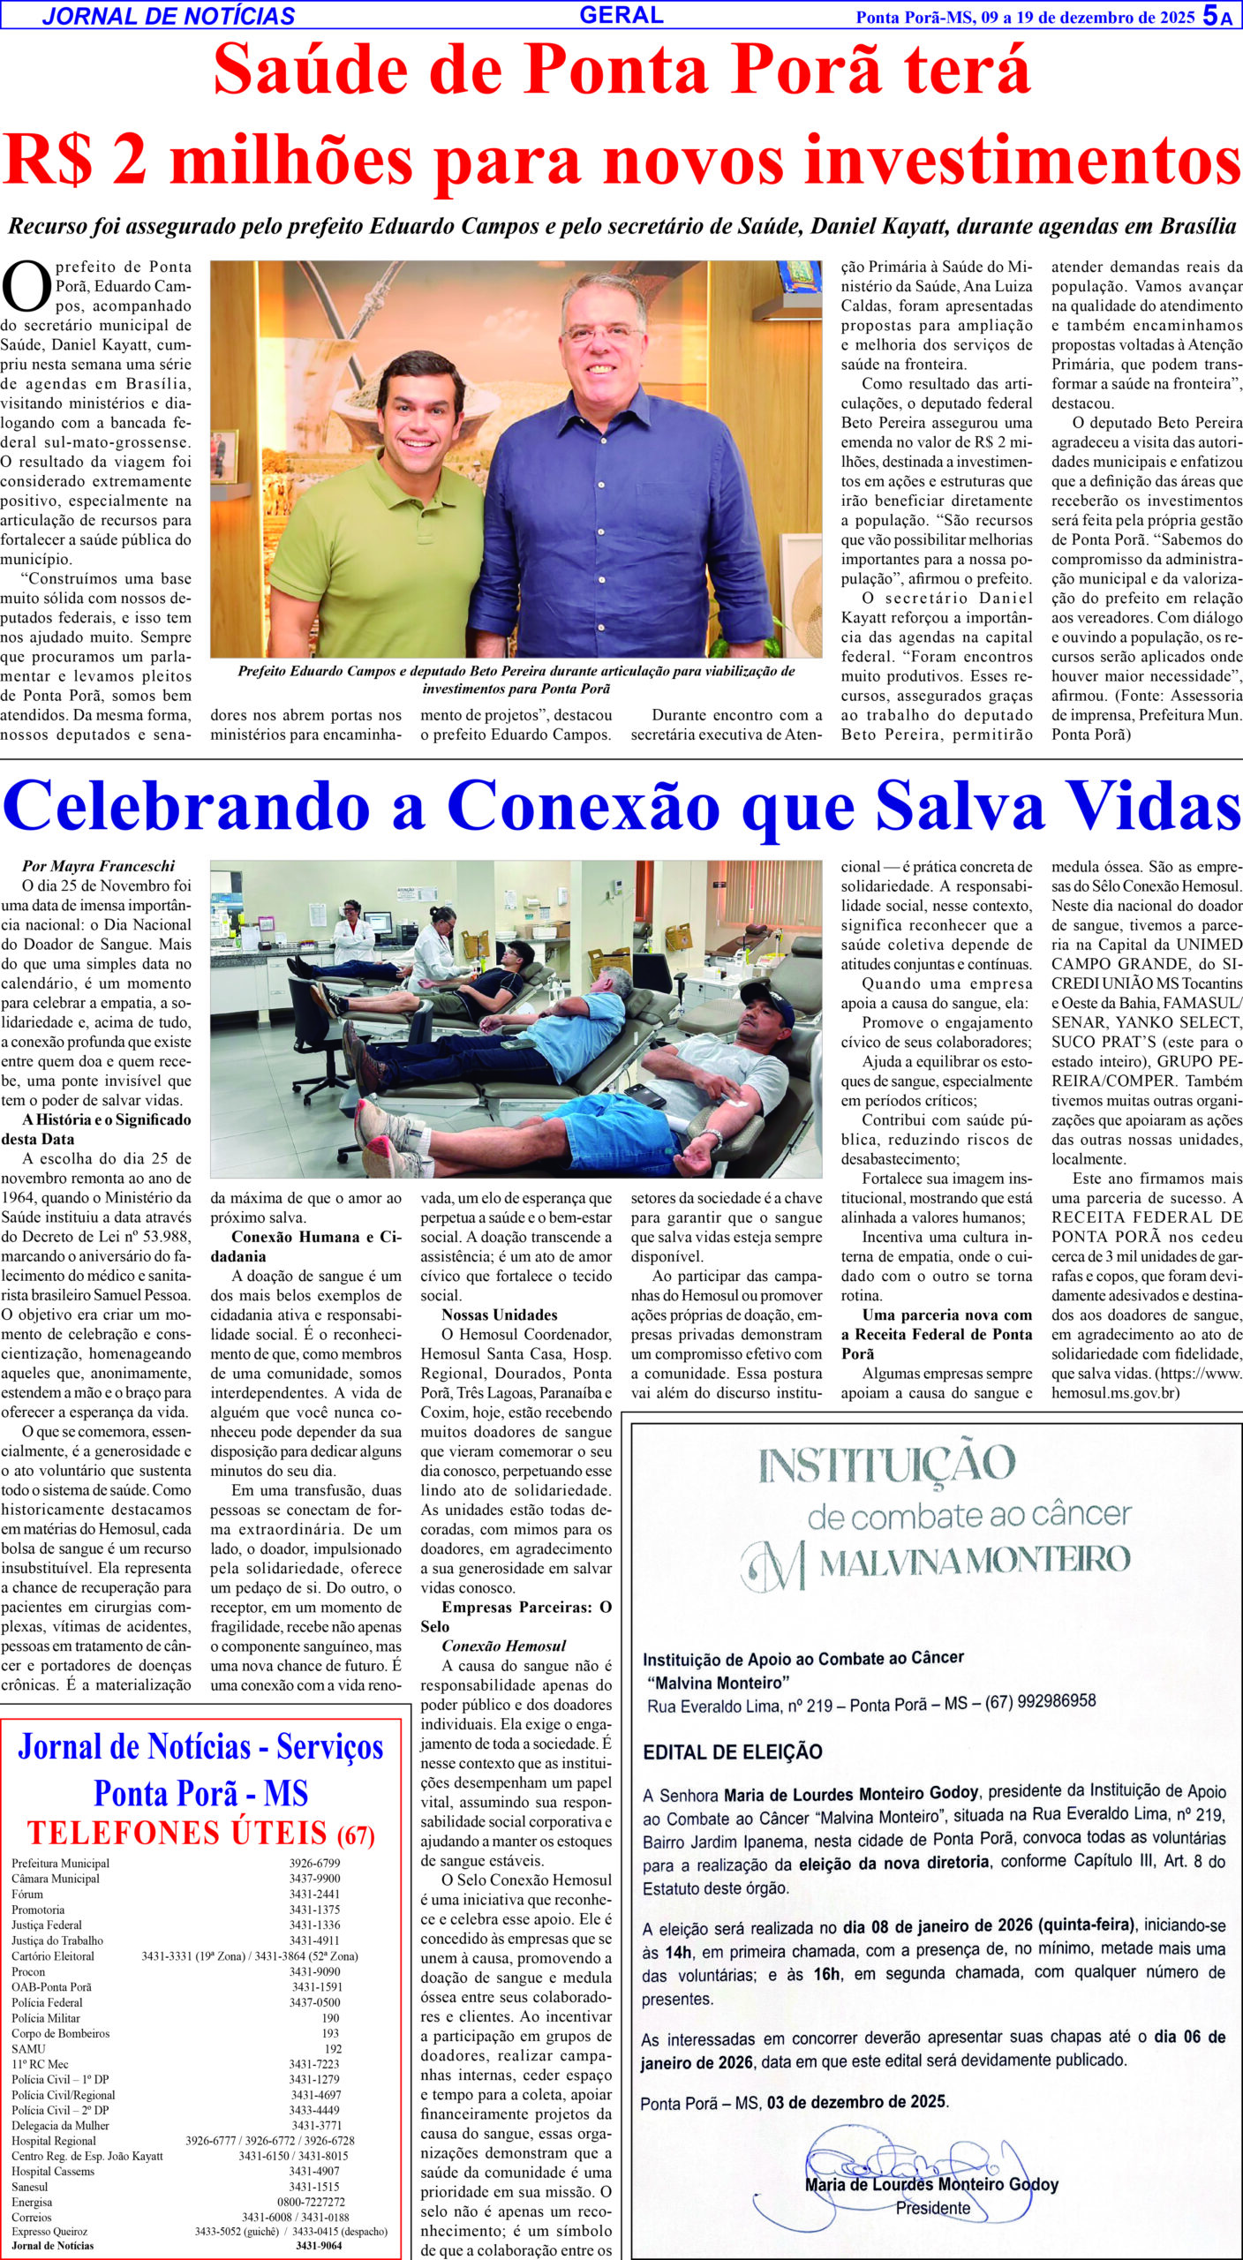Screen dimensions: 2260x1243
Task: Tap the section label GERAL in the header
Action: point(621,15)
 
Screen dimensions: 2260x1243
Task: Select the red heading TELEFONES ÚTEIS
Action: point(177,1833)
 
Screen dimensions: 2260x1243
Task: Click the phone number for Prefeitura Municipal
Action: point(314,1864)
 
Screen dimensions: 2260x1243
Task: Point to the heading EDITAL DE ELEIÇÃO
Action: point(733,1751)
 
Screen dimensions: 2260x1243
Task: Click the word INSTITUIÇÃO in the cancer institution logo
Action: point(886,1464)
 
